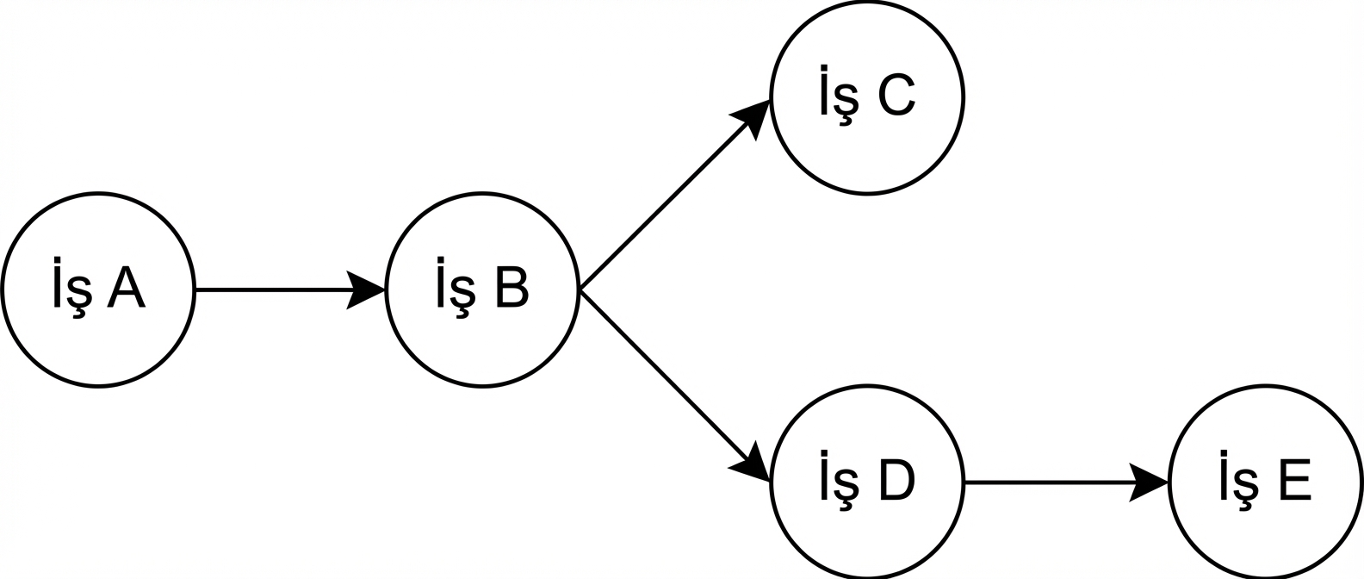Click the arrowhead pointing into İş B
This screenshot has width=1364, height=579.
click(x=366, y=290)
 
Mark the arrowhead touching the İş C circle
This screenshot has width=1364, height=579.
click(x=751, y=115)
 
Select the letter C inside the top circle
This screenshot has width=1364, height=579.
click(x=896, y=95)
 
